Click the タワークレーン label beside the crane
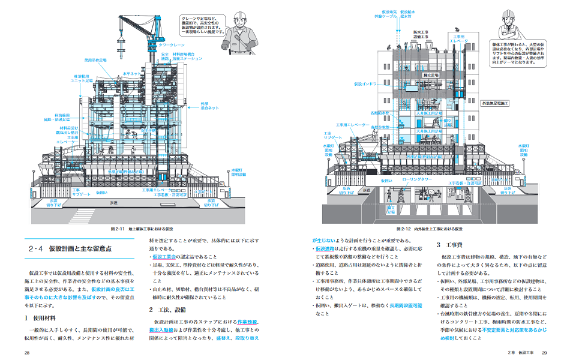(172, 45)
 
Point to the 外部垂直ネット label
(209, 106)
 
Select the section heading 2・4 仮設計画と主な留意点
(71, 248)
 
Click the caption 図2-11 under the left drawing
(140, 229)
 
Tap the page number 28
(27, 352)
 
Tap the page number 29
(545, 352)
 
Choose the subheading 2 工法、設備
(167, 310)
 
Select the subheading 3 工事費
(447, 245)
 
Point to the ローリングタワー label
(415, 179)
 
